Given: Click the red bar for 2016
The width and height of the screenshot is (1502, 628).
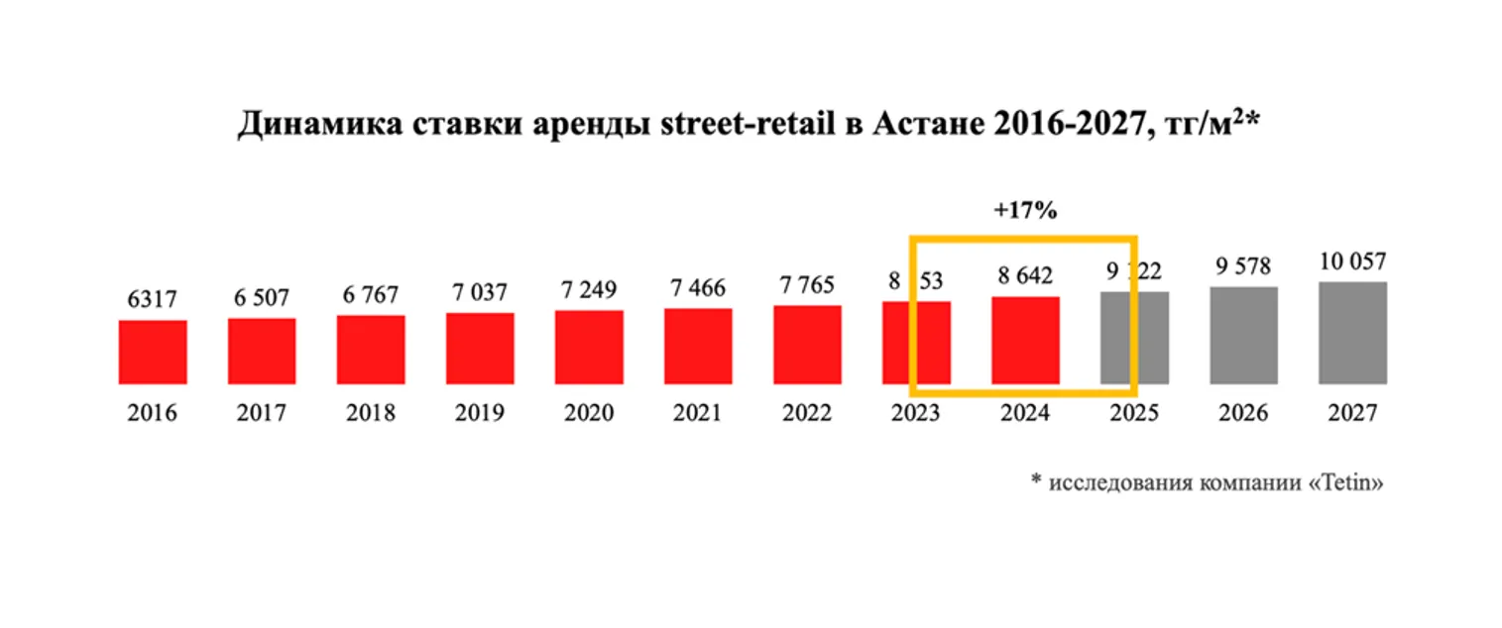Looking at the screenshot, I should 153,352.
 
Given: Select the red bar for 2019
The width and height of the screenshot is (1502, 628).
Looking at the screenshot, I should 480,348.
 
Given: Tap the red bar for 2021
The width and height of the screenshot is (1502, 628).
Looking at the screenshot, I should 698,346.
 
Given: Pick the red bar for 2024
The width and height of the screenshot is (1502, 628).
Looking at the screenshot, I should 1025,340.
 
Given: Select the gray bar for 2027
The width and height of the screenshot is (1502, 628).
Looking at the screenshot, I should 1352,333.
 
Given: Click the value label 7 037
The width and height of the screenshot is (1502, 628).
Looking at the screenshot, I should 480,292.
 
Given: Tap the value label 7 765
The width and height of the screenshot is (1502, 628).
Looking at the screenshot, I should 807,284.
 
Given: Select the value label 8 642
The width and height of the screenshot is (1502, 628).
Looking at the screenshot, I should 1025,274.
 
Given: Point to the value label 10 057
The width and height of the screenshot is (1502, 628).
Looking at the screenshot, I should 1352,262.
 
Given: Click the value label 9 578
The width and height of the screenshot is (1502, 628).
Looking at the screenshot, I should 1243,266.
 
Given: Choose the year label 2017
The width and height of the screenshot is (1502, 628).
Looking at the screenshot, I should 262,413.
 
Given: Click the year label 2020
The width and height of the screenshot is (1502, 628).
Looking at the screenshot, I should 589,413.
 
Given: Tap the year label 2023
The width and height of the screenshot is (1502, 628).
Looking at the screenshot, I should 916,413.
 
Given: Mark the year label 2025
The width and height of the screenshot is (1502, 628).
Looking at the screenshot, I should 1134,413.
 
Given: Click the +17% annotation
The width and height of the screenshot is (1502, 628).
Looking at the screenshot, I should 1025,211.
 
